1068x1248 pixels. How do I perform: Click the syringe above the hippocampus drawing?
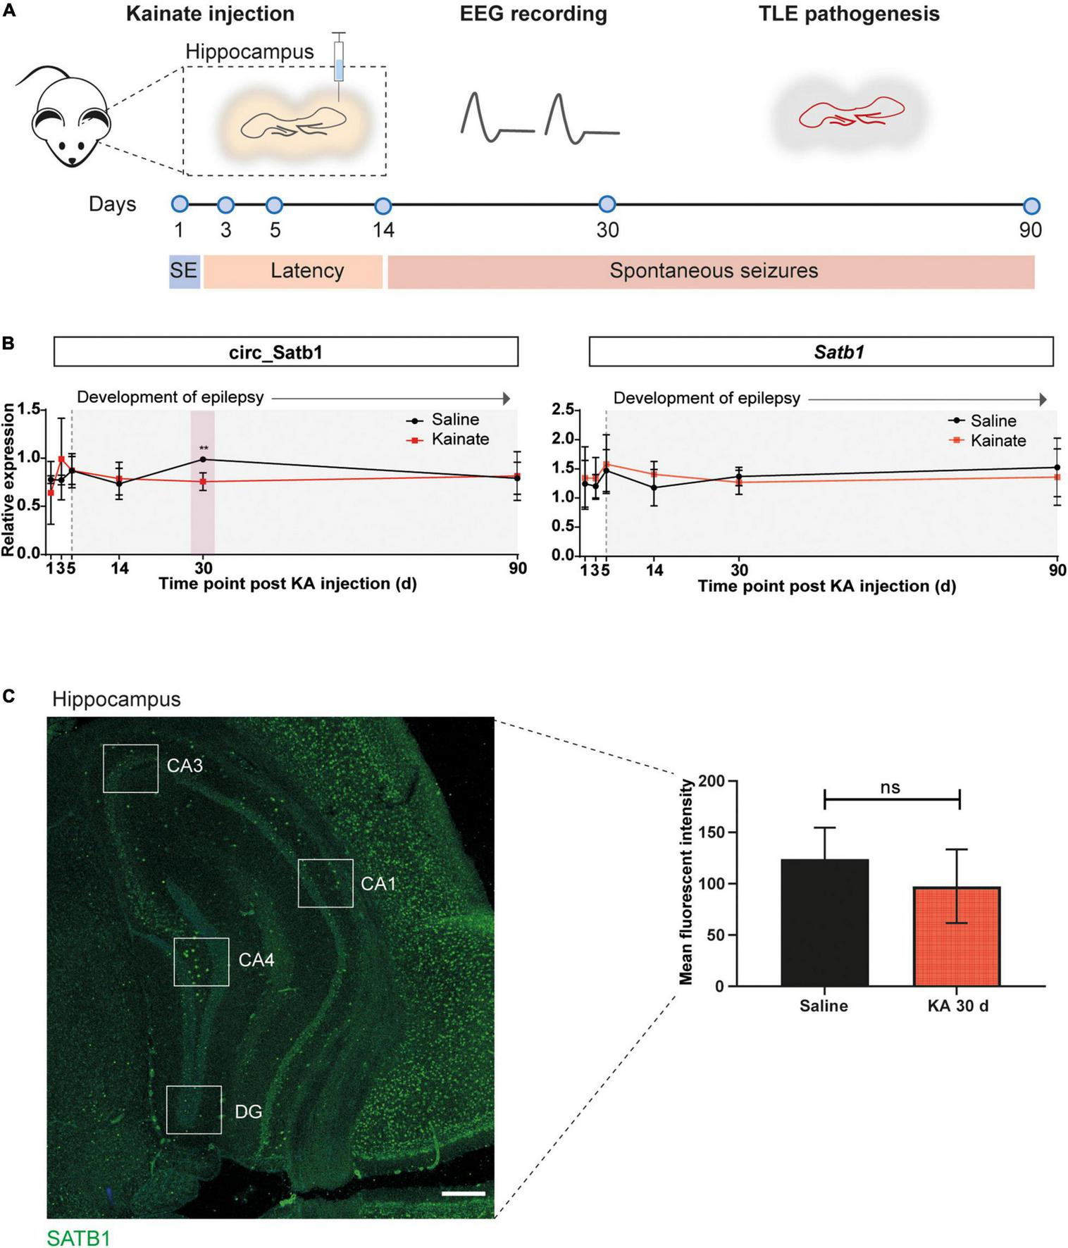339,64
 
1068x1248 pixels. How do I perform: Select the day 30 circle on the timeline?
607,205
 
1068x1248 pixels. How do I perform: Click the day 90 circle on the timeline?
1031,206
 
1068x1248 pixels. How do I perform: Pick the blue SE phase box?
184,271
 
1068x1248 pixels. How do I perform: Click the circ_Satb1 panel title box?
286,351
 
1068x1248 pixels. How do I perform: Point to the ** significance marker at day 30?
204,449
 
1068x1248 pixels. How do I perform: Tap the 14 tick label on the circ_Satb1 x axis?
120,568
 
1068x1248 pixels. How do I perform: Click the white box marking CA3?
130,768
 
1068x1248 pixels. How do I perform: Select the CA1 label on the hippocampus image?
378,883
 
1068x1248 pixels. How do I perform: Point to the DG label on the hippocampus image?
248,1111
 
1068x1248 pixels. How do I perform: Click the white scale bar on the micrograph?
464,1193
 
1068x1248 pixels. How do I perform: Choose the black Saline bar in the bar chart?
824,922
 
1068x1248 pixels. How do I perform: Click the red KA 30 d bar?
957,936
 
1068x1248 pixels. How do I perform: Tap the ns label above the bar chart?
890,787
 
